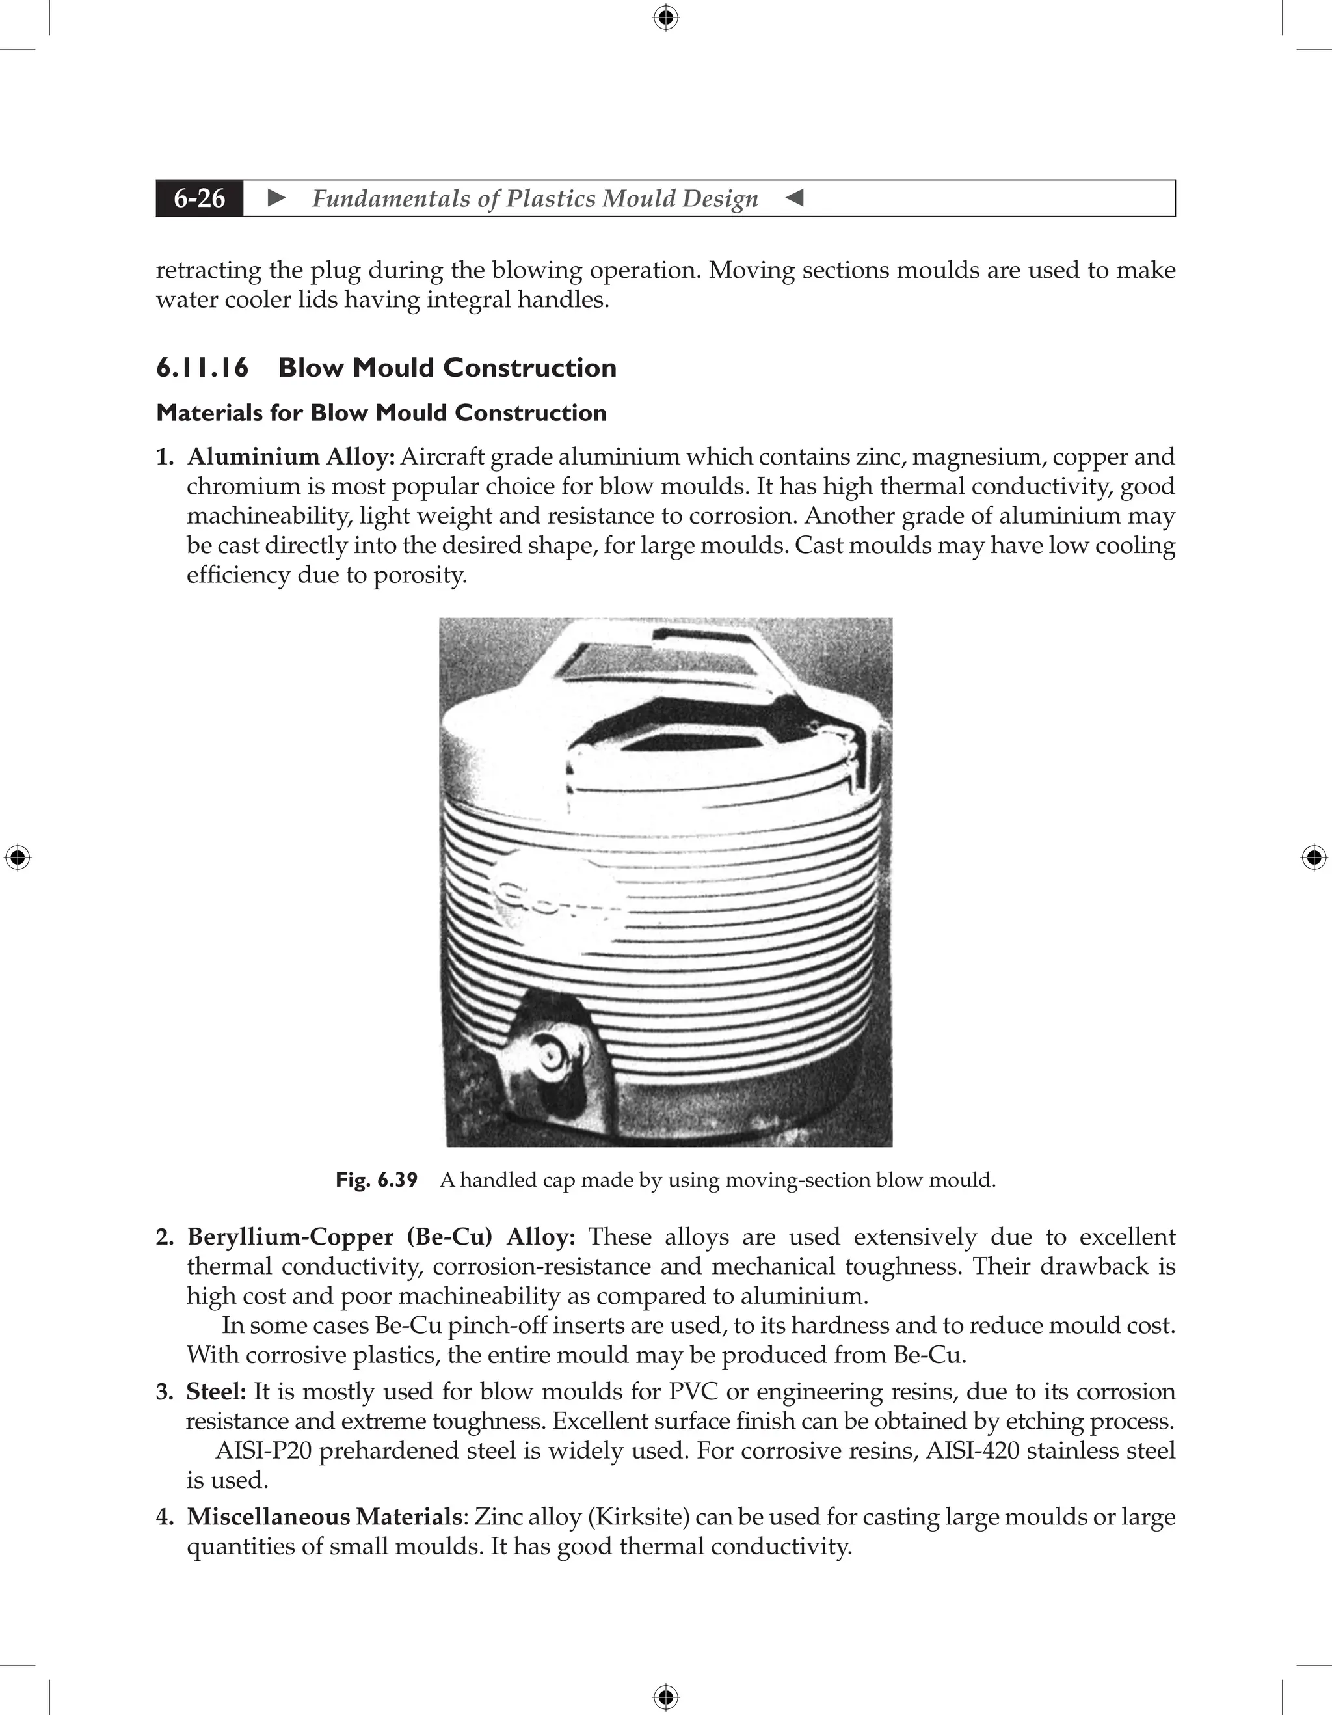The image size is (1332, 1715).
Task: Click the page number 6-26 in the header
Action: pos(200,198)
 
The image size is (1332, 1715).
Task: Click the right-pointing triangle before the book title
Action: pos(276,198)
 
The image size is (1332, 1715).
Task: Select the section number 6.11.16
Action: pos(202,368)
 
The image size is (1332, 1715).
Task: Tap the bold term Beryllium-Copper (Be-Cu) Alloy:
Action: pos(380,1237)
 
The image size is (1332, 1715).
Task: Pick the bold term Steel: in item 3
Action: pos(216,1392)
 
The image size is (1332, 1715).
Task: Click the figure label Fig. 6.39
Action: pos(377,1180)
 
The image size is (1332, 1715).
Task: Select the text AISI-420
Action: pos(972,1451)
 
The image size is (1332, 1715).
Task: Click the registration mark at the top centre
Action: pos(665,18)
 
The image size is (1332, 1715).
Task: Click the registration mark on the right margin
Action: pos(1314,857)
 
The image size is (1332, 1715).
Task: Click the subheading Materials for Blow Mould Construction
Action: pos(382,413)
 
